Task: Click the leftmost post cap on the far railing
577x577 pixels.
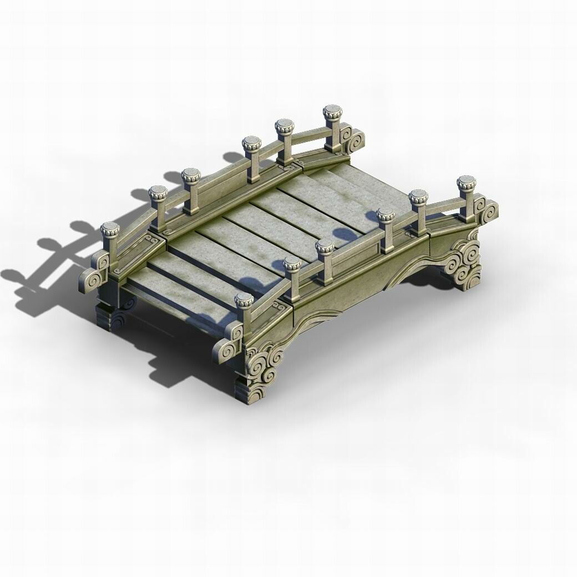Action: [x=110, y=227]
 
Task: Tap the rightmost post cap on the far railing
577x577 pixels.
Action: [x=332, y=111]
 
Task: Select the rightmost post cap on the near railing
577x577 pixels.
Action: [x=466, y=182]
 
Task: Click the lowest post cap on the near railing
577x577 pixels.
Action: [x=244, y=300]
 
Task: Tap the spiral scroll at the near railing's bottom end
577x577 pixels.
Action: [x=227, y=350]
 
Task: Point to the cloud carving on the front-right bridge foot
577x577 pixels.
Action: [x=466, y=260]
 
